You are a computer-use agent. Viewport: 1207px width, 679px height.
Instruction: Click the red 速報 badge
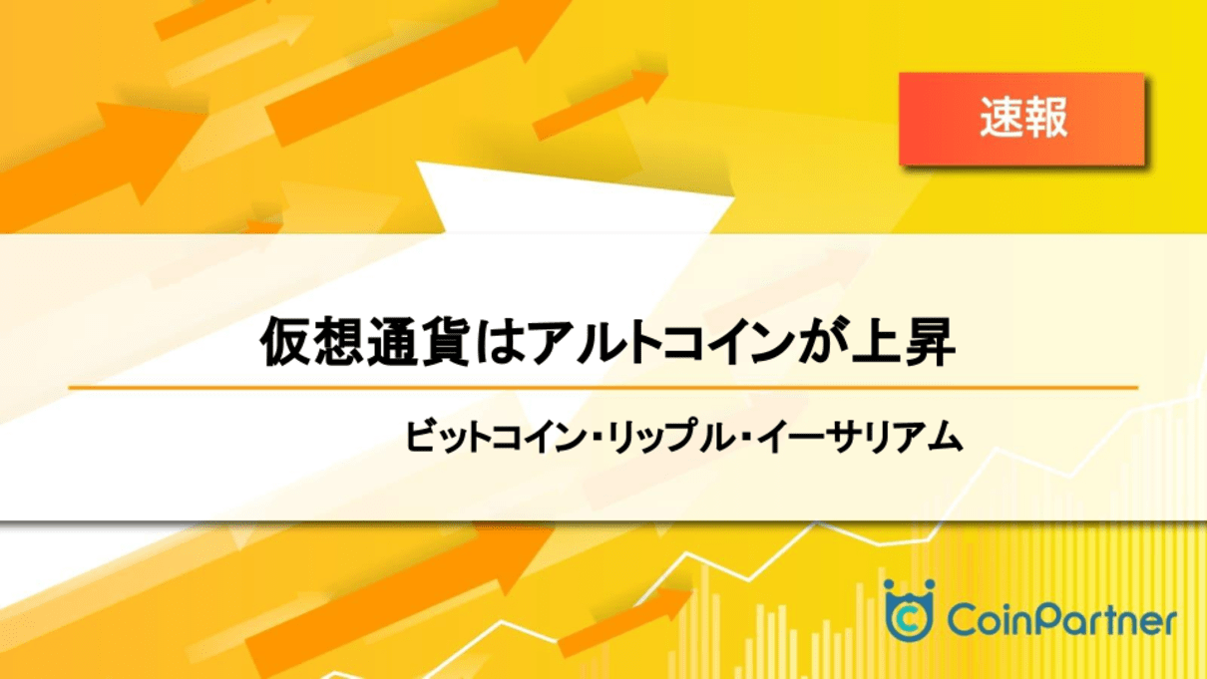coord(1021,119)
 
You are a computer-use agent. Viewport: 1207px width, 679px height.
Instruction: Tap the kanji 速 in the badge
coord(1002,118)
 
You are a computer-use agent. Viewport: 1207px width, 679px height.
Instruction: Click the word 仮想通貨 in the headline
coord(365,342)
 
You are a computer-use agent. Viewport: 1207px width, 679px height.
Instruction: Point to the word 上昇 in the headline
coord(903,342)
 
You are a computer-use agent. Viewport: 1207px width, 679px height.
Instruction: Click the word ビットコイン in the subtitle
coord(495,437)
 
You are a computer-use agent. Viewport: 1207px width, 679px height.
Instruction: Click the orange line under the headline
coord(603,387)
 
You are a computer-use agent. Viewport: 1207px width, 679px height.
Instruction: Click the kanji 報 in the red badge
coord(1045,118)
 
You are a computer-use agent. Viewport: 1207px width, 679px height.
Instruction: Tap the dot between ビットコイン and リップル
coord(596,438)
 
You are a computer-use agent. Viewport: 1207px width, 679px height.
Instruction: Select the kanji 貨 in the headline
coord(444,342)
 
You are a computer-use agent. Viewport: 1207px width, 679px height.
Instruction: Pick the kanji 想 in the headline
coord(338,342)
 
